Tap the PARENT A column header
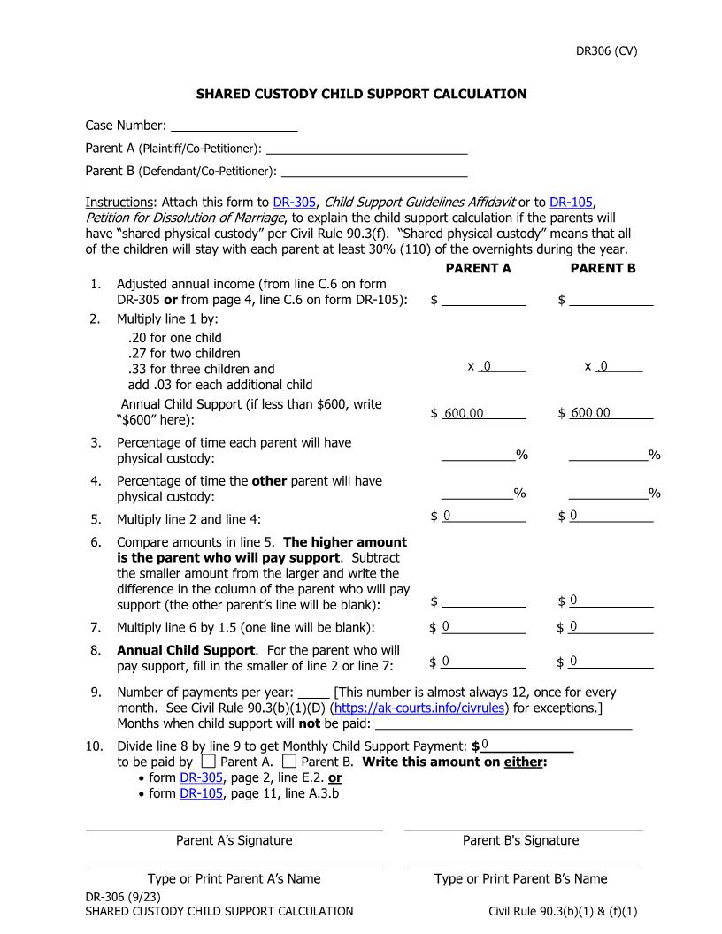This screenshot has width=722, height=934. click(x=478, y=268)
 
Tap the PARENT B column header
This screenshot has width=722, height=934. click(x=603, y=268)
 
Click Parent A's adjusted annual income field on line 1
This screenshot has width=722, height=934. click(x=483, y=300)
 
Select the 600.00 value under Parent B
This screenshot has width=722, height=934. click(x=590, y=413)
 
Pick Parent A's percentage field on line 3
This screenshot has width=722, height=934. click(x=478, y=455)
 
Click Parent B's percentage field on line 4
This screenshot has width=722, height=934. click(x=607, y=493)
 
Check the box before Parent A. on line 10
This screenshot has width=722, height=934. click(x=209, y=761)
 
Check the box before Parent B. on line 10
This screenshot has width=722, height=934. click(x=289, y=761)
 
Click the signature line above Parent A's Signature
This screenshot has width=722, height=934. click(x=234, y=830)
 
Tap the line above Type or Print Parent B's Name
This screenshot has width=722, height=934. click(x=523, y=868)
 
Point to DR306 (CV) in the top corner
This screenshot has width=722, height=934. click(x=607, y=50)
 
